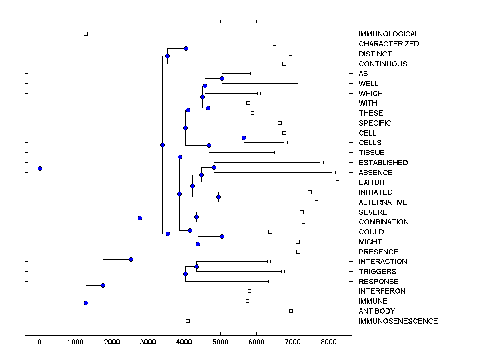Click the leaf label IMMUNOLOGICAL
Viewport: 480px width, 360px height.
pyautogui.click(x=388, y=34)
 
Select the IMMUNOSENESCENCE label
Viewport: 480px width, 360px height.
pyautogui.click(x=398, y=321)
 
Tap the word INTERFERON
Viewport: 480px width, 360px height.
pyautogui.click(x=382, y=291)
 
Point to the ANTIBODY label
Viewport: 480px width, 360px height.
pyautogui.click(x=377, y=311)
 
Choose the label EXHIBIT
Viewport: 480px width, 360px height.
pyautogui.click(x=372, y=182)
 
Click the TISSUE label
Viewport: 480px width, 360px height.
pyautogui.click(x=372, y=153)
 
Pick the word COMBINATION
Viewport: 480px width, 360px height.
pyautogui.click(x=384, y=222)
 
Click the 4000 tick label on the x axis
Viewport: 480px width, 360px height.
pyautogui.click(x=184, y=341)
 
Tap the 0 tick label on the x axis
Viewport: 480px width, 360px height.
pyautogui.click(x=40, y=341)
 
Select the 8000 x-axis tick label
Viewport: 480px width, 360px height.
pyautogui.click(x=329, y=341)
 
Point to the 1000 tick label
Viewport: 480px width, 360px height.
pyautogui.click(x=76, y=341)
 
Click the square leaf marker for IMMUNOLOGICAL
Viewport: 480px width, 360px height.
pyautogui.click(x=86, y=34)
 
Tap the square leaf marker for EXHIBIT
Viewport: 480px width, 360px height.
pyautogui.click(x=337, y=182)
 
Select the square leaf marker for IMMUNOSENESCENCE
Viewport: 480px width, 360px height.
pyautogui.click(x=188, y=321)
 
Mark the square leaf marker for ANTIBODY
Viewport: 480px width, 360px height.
pyautogui.click(x=291, y=311)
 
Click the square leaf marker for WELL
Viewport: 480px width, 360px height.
pyautogui.click(x=299, y=83)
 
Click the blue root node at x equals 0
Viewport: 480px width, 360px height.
pyautogui.click(x=40, y=168)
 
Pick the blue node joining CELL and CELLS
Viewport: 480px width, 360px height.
pyautogui.click(x=244, y=138)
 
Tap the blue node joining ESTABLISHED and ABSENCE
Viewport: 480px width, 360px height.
pyautogui.click(x=214, y=167)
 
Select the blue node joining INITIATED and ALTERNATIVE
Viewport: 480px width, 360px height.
pyautogui.click(x=218, y=197)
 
